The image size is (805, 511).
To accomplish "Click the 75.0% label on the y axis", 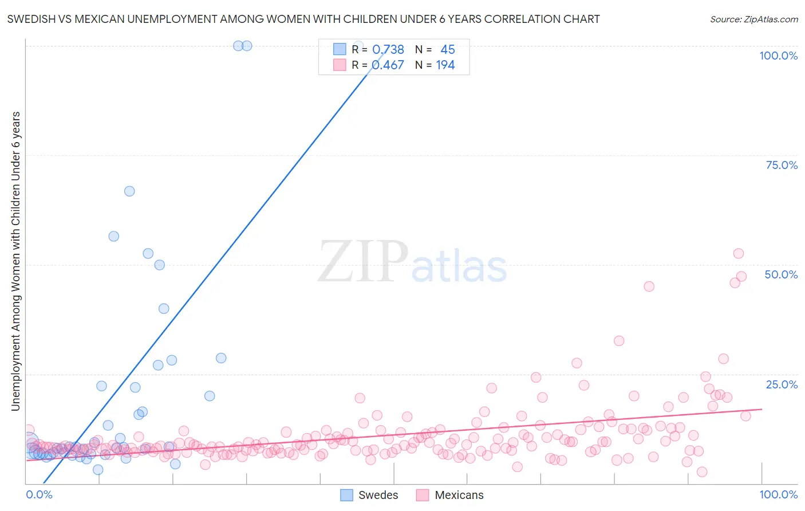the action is pyautogui.click(x=782, y=165).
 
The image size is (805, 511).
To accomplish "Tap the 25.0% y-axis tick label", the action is pyautogui.click(x=782, y=384).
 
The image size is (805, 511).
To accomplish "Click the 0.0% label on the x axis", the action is pyautogui.click(x=39, y=494).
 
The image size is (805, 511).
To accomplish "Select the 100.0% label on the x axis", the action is pyautogui.click(x=779, y=494).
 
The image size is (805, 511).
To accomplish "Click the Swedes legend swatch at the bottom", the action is pyautogui.click(x=346, y=495).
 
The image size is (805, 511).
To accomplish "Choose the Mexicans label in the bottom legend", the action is pyautogui.click(x=459, y=495).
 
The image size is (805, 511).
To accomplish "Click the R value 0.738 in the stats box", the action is pyautogui.click(x=388, y=49).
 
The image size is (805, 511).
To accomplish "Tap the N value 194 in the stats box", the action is pyautogui.click(x=445, y=65).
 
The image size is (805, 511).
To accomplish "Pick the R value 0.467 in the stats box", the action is pyautogui.click(x=388, y=65).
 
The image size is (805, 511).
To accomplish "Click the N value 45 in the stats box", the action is pyautogui.click(x=447, y=49).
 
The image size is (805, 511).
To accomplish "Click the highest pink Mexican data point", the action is pyautogui.click(x=738, y=254).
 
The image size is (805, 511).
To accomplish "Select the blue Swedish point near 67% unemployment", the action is pyautogui.click(x=129, y=191).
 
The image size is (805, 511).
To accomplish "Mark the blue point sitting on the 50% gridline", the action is pyautogui.click(x=160, y=265).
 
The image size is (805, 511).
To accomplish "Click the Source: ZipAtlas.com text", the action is pyautogui.click(x=754, y=19).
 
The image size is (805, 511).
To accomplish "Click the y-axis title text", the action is pyautogui.click(x=16, y=261).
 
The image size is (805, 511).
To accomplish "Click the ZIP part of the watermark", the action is pyautogui.click(x=363, y=261).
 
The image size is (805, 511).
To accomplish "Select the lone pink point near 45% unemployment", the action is pyautogui.click(x=649, y=286).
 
